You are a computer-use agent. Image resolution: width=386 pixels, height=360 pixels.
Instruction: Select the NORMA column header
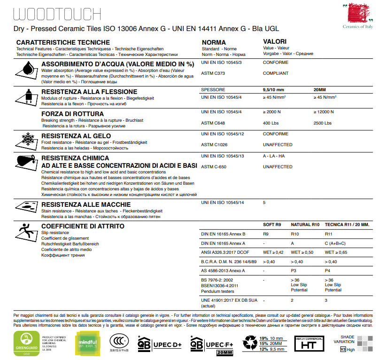(214, 42)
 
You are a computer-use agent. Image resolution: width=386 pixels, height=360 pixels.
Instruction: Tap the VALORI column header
(275, 42)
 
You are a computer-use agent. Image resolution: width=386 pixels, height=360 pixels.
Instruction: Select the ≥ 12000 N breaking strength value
(324, 112)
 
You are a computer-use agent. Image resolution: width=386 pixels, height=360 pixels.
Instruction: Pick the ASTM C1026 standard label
(214, 145)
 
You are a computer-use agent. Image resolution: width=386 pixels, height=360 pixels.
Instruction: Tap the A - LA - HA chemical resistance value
(274, 156)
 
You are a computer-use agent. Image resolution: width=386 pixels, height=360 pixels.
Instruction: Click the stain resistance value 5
(264, 202)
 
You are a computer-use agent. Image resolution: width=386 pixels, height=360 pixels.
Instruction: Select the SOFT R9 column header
(272, 225)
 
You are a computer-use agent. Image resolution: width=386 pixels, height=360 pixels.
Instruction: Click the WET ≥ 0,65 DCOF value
(336, 252)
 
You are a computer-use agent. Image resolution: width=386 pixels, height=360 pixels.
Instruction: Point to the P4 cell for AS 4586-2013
(328, 271)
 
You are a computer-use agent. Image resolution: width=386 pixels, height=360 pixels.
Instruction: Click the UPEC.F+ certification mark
(210, 344)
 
